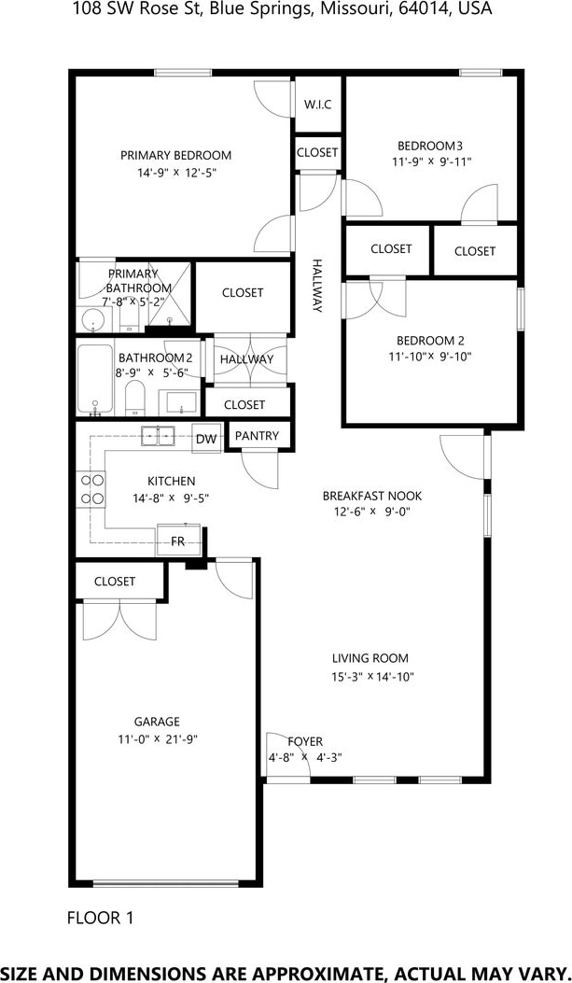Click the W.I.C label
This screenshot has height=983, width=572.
[317, 105]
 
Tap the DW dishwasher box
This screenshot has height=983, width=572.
[206, 440]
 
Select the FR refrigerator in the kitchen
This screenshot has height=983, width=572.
[178, 540]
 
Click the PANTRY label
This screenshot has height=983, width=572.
[257, 436]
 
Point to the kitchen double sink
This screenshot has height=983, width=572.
[159, 435]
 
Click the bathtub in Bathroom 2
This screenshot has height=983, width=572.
[95, 380]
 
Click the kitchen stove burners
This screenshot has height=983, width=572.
[91, 489]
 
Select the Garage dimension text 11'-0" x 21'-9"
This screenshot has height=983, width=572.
[157, 739]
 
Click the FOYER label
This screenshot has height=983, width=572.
[305, 741]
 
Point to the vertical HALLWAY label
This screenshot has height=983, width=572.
[317, 286]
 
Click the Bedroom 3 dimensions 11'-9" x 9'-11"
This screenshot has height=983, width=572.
[430, 161]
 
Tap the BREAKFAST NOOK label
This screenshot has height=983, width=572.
[372, 496]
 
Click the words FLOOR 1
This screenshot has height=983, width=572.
[100, 919]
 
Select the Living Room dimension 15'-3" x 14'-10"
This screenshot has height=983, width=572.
[372, 677]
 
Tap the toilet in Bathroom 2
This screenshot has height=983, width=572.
[135, 399]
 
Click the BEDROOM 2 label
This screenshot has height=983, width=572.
[430, 341]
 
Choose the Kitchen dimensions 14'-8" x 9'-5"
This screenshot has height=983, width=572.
[171, 499]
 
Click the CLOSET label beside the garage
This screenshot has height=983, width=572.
[115, 582]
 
